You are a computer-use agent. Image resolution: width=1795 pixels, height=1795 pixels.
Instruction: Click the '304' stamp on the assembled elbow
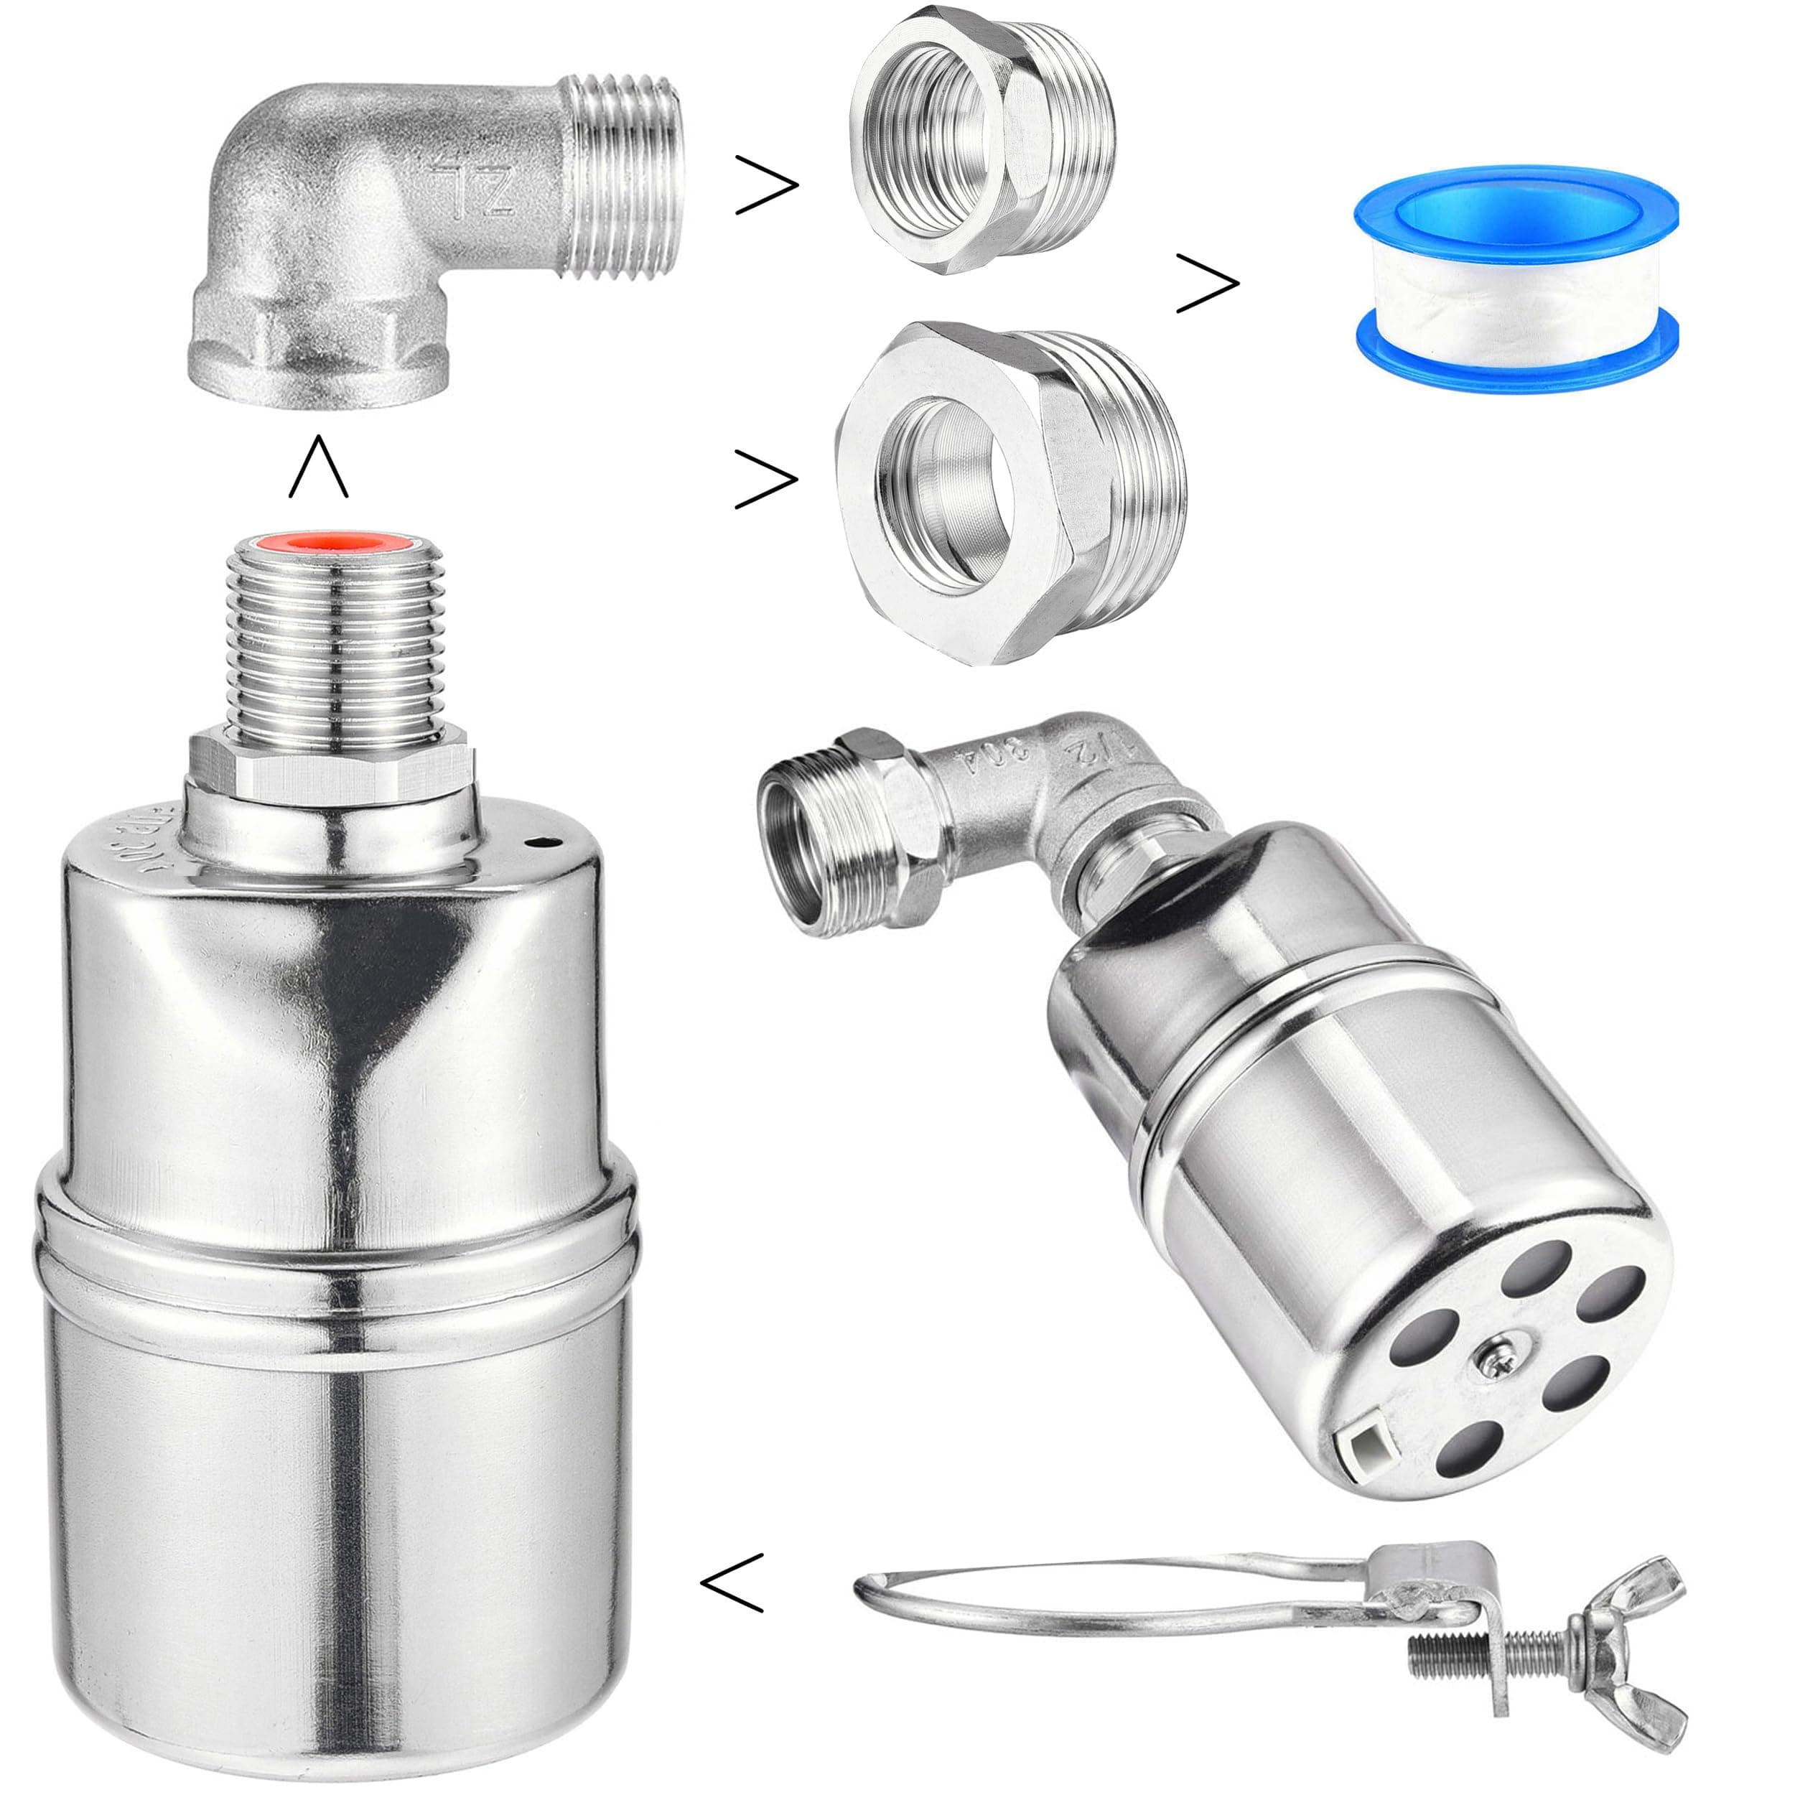(992, 756)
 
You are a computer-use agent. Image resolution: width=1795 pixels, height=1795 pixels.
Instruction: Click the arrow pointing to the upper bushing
(767, 185)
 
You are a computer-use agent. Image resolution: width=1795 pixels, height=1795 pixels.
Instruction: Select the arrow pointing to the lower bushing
(767, 480)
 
